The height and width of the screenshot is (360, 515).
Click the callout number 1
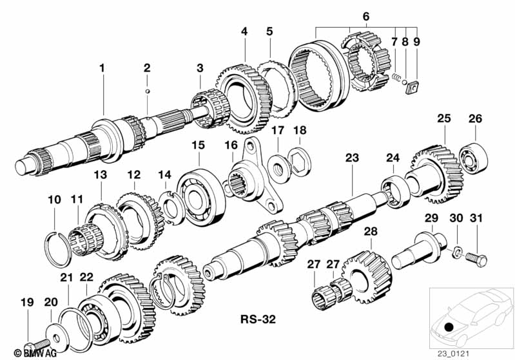102,68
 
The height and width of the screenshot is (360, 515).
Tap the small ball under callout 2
148,91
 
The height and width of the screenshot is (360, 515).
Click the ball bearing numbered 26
473,158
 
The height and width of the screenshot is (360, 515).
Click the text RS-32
258,319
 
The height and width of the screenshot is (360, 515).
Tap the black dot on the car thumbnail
449,327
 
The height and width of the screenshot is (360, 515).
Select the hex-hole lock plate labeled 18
299,161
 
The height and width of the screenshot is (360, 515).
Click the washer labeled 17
280,166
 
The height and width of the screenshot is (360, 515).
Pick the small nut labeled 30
456,252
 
